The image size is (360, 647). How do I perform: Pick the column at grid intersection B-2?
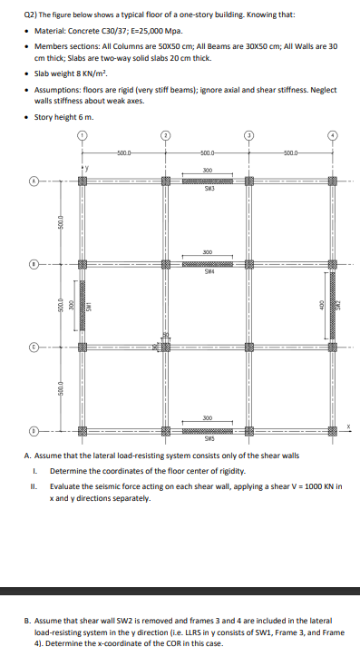[165, 265]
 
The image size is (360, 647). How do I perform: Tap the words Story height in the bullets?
[54, 116]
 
